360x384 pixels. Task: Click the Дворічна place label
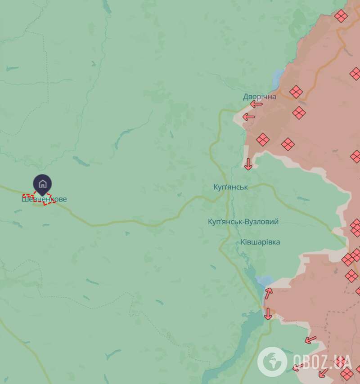click(x=259, y=96)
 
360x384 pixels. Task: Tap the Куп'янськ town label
click(x=231, y=186)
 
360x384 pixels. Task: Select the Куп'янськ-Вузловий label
click(x=243, y=222)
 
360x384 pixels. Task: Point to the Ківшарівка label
click(x=260, y=242)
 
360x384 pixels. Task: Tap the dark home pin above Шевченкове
click(x=42, y=184)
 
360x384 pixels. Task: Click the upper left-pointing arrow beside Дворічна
click(x=256, y=104)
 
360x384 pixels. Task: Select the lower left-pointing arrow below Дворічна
click(x=249, y=117)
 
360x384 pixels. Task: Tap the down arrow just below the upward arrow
click(x=268, y=313)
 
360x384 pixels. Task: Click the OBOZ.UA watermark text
click(x=322, y=361)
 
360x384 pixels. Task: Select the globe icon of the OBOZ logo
click(x=272, y=361)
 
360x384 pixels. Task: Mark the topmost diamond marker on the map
click(x=341, y=16)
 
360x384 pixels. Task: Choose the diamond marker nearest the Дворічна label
click(x=296, y=92)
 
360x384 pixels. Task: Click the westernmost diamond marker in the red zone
click(x=263, y=139)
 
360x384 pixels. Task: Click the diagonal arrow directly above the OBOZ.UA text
click(x=310, y=339)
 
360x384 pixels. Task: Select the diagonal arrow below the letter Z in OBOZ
click(x=322, y=373)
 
